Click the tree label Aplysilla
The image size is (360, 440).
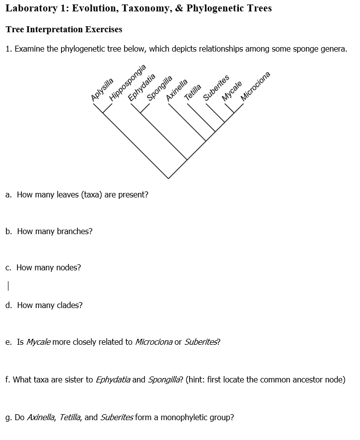pos(103,90)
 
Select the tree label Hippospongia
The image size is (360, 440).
pos(128,82)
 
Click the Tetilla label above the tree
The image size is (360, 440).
pos(193,92)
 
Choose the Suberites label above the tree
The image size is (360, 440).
pos(216,88)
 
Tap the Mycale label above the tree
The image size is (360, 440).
pos(232,90)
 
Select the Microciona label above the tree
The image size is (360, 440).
pos(255,86)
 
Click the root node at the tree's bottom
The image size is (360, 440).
pos(168,178)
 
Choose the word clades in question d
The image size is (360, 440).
pos(70,305)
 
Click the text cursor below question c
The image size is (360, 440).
pos(8,286)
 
